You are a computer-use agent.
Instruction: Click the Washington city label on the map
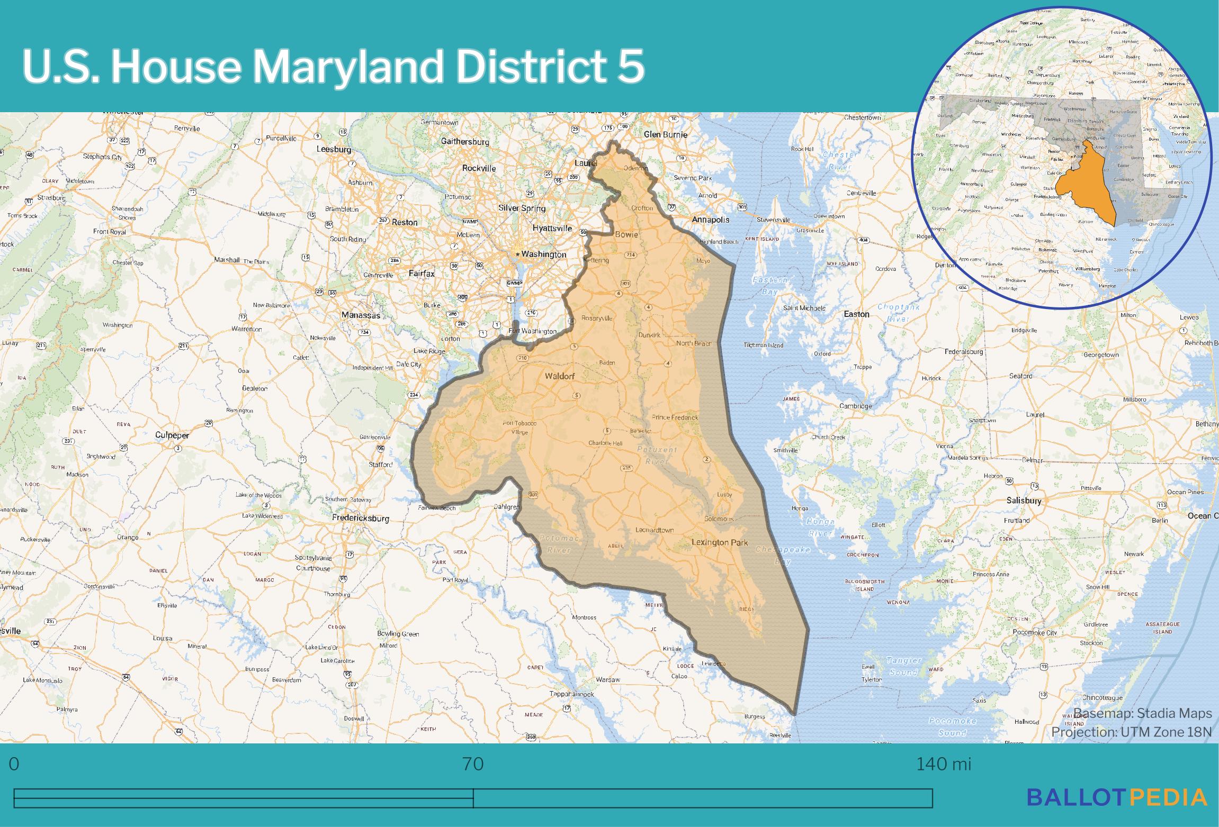543,255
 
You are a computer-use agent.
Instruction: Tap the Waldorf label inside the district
559,376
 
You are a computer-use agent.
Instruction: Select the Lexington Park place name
720,542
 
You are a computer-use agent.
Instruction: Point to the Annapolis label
711,220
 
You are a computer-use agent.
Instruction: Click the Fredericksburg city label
360,519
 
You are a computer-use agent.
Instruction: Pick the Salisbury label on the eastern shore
1024,501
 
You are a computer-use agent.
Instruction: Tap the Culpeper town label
172,435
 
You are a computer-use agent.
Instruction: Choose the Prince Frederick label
675,417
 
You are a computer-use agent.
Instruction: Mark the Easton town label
856,314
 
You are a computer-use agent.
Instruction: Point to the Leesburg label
334,150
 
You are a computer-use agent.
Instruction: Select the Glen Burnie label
665,134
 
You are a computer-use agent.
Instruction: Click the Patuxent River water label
657,456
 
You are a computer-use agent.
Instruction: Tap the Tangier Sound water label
903,667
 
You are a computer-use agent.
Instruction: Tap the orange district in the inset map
1086,190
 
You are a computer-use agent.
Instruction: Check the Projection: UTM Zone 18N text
1131,732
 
